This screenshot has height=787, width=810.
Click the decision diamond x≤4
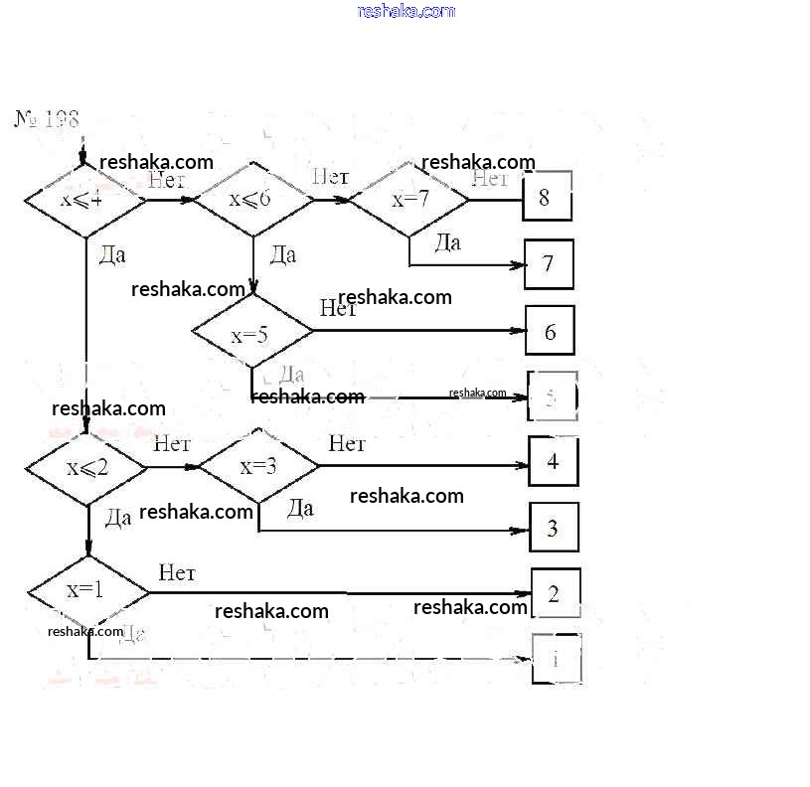pos(83,200)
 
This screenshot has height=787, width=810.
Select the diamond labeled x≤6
pos(251,200)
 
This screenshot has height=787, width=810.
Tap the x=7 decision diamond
pos(409,199)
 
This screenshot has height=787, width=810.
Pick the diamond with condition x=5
pos(250,334)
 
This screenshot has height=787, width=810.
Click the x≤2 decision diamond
pos(86,467)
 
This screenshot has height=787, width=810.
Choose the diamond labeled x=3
pos(258,466)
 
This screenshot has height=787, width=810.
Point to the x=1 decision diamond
pos(87,590)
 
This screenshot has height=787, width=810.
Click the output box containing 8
pos(547,197)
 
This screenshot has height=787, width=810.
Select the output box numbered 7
pos(549,263)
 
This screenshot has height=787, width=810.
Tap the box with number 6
pos(550,331)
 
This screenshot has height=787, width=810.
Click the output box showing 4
pos(553,461)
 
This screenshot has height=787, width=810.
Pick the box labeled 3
pos(554,528)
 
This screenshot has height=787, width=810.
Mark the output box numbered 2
pos(555,593)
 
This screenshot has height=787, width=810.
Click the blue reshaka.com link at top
pos(405,11)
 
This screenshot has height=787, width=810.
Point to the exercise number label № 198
pos(46,119)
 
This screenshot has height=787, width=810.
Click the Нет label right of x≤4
pos(168,180)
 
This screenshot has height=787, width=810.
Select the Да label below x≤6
pos(282,255)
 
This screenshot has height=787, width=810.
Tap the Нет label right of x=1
pos(177,572)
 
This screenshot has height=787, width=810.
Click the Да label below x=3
pos(300,509)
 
